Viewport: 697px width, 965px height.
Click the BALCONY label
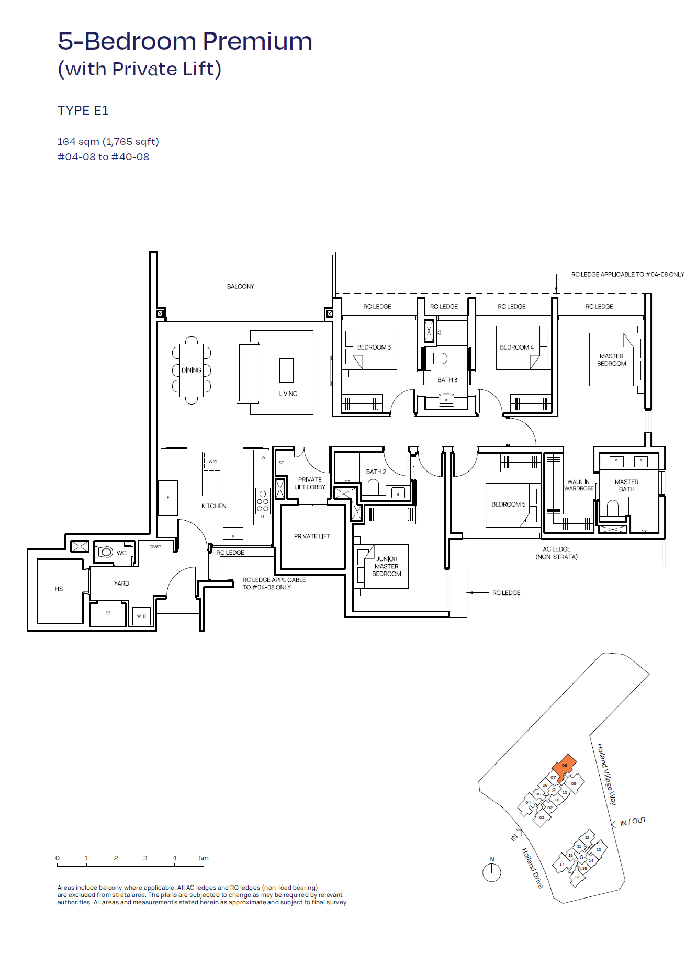tap(240, 286)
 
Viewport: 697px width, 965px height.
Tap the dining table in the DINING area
tap(192, 370)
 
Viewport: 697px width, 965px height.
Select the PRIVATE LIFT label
tap(312, 536)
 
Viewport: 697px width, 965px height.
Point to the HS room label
tap(59, 589)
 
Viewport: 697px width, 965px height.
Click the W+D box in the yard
tap(141, 616)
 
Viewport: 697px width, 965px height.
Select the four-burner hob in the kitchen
tap(263, 501)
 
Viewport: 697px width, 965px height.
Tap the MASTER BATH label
tap(626, 486)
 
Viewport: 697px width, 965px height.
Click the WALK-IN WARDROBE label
tap(579, 485)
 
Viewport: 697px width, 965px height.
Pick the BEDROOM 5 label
tap(508, 504)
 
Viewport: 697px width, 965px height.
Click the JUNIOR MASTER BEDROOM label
tap(387, 566)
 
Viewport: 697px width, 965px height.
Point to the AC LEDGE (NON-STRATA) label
tap(556, 553)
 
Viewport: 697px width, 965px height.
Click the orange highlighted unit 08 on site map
tap(565, 766)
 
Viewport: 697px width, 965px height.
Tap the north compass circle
tap(491, 872)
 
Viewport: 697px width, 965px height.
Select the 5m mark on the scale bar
tap(204, 858)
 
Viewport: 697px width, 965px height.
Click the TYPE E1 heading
tap(83, 110)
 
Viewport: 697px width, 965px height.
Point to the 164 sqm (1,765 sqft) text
tap(108, 142)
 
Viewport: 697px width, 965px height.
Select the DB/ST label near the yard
tap(155, 547)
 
